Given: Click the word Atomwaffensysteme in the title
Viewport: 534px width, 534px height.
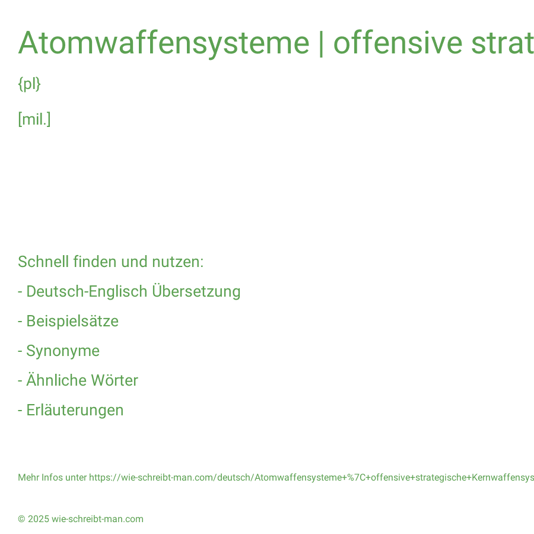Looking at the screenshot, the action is (164, 43).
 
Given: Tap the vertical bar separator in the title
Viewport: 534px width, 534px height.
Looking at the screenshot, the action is (321, 43).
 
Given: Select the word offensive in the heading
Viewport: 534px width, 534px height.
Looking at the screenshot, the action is (398, 43).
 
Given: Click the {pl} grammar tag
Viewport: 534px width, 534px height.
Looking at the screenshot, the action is (29, 84).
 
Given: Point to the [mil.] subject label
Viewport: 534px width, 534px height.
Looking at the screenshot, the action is (34, 119).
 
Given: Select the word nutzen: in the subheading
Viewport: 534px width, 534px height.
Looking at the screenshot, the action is (177, 262).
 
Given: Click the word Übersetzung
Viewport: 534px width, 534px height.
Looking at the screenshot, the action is (196, 291).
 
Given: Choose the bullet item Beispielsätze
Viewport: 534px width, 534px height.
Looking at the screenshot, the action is (72, 321).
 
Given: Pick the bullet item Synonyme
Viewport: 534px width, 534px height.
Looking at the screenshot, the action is (63, 351).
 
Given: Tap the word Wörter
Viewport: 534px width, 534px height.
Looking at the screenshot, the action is (115, 380).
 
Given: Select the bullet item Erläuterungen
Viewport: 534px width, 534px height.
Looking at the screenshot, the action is (75, 410).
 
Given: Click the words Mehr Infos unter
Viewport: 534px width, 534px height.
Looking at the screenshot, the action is (52, 478).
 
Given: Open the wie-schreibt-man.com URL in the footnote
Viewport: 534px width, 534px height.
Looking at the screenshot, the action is (311, 478).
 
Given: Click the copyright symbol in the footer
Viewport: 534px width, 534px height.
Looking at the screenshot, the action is (21, 519).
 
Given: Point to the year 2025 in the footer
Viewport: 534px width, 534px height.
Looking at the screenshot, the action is (39, 519).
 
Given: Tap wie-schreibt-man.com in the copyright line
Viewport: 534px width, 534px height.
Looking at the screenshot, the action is (97, 519).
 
